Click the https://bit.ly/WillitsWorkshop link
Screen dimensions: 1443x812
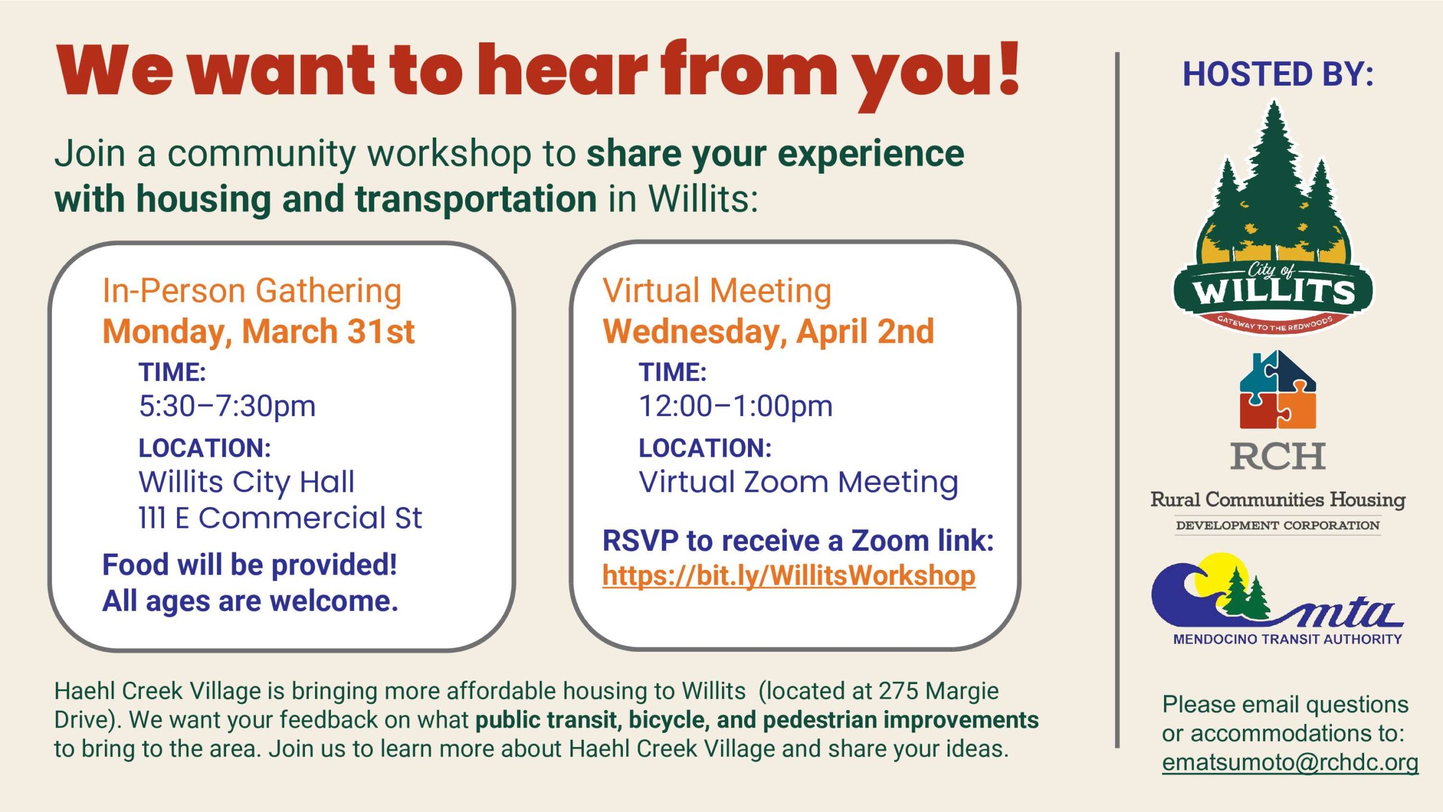[789, 575]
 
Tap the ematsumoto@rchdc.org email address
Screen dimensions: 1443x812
[1290, 762]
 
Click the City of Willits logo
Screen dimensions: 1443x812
[1274, 218]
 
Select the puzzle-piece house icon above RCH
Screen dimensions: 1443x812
[1278, 389]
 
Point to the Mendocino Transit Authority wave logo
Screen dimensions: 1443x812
[1277, 598]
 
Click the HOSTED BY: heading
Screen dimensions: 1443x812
[1278, 74]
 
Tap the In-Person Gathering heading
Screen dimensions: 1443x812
[252, 292]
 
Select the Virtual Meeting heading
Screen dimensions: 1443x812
[717, 292]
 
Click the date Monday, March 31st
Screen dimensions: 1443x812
[259, 332]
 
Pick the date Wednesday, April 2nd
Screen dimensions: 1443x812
[768, 332]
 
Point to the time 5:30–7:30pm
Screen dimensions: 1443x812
[227, 406]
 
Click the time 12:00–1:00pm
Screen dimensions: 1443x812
[736, 406]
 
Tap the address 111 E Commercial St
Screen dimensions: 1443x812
[280, 518]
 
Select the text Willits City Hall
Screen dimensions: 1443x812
[247, 482]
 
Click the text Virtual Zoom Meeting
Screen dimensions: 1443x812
[799, 482]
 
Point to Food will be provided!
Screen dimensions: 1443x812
[250, 565]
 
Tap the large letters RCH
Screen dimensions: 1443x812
[1278, 456]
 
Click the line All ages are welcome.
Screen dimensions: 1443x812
[250, 601]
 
